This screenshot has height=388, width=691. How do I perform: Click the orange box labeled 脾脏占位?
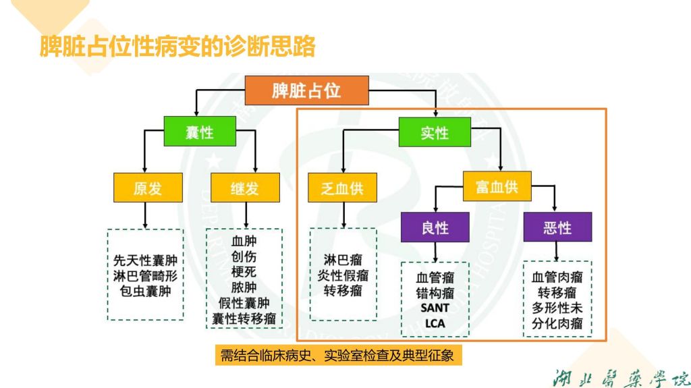click(306, 90)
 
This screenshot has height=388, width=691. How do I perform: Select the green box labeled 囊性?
click(200, 132)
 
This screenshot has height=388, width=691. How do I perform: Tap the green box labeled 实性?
click(435, 132)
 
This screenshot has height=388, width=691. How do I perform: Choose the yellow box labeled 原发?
click(148, 188)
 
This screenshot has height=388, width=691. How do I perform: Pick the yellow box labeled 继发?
click(245, 188)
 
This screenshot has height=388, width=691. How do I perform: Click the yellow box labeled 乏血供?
click(342, 188)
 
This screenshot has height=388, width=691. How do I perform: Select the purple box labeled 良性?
click(435, 227)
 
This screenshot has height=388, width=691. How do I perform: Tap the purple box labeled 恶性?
click(557, 227)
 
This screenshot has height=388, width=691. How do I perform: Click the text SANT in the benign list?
click(435, 308)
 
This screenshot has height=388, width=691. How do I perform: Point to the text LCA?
click(435, 323)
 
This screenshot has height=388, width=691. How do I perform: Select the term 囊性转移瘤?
click(244, 318)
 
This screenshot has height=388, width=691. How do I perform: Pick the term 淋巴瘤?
click(342, 260)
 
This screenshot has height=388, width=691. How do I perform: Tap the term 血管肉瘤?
click(557, 277)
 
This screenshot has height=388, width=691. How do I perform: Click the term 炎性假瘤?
click(343, 275)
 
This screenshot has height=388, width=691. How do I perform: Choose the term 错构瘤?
click(435, 293)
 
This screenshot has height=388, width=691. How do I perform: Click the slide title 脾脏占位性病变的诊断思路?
click(177, 47)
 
